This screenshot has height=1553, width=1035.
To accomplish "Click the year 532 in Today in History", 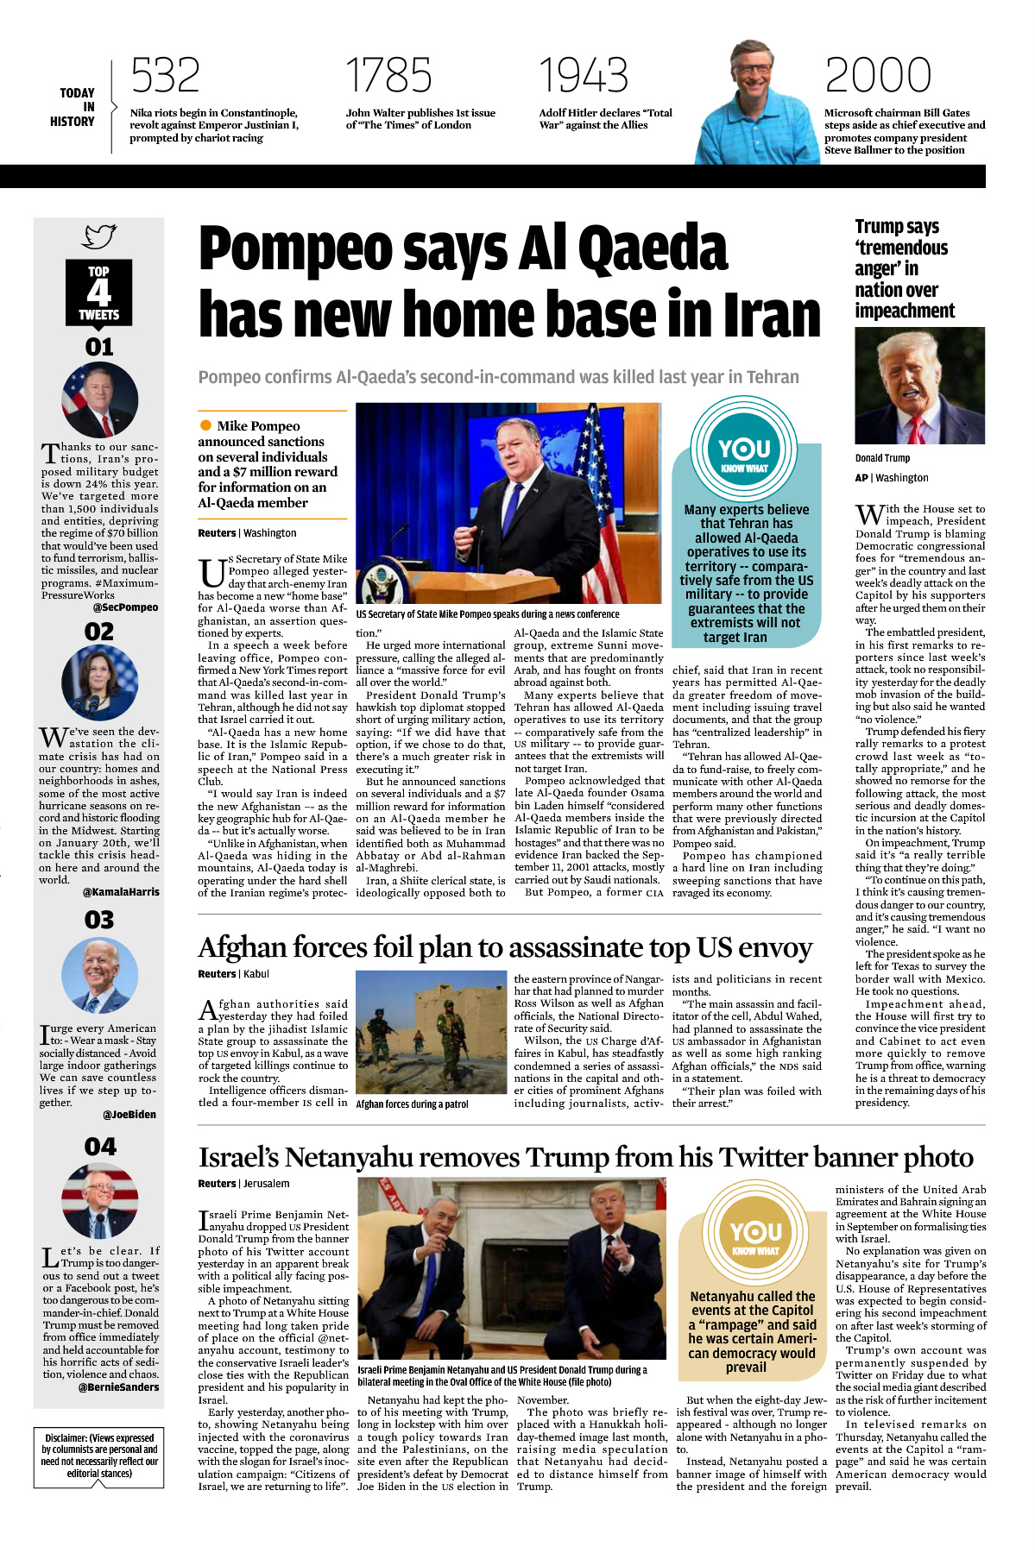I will click(165, 75).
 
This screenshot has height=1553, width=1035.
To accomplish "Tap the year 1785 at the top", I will click(388, 75).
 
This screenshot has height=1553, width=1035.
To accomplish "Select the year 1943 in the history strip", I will click(584, 75).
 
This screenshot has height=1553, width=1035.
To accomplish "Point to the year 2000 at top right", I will click(878, 75).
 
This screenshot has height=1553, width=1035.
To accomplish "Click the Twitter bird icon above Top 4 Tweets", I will click(99, 236).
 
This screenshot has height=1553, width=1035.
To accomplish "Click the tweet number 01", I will click(99, 348).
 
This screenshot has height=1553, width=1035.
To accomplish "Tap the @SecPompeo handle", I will click(126, 607).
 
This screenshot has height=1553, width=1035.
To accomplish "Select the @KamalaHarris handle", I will click(121, 892).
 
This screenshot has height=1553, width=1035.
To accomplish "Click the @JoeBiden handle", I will click(129, 1115).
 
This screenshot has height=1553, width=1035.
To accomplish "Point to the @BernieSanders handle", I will click(118, 1387).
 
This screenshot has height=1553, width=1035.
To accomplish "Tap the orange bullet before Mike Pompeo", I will click(205, 425).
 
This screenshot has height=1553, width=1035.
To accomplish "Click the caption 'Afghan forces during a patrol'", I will click(413, 1104).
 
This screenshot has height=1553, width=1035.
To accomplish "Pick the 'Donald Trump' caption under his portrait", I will click(882, 458).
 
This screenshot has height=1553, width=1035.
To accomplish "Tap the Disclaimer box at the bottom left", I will click(99, 1456).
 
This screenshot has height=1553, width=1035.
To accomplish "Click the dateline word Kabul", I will click(256, 974).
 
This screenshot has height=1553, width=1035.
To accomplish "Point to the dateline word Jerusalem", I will click(266, 1184).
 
